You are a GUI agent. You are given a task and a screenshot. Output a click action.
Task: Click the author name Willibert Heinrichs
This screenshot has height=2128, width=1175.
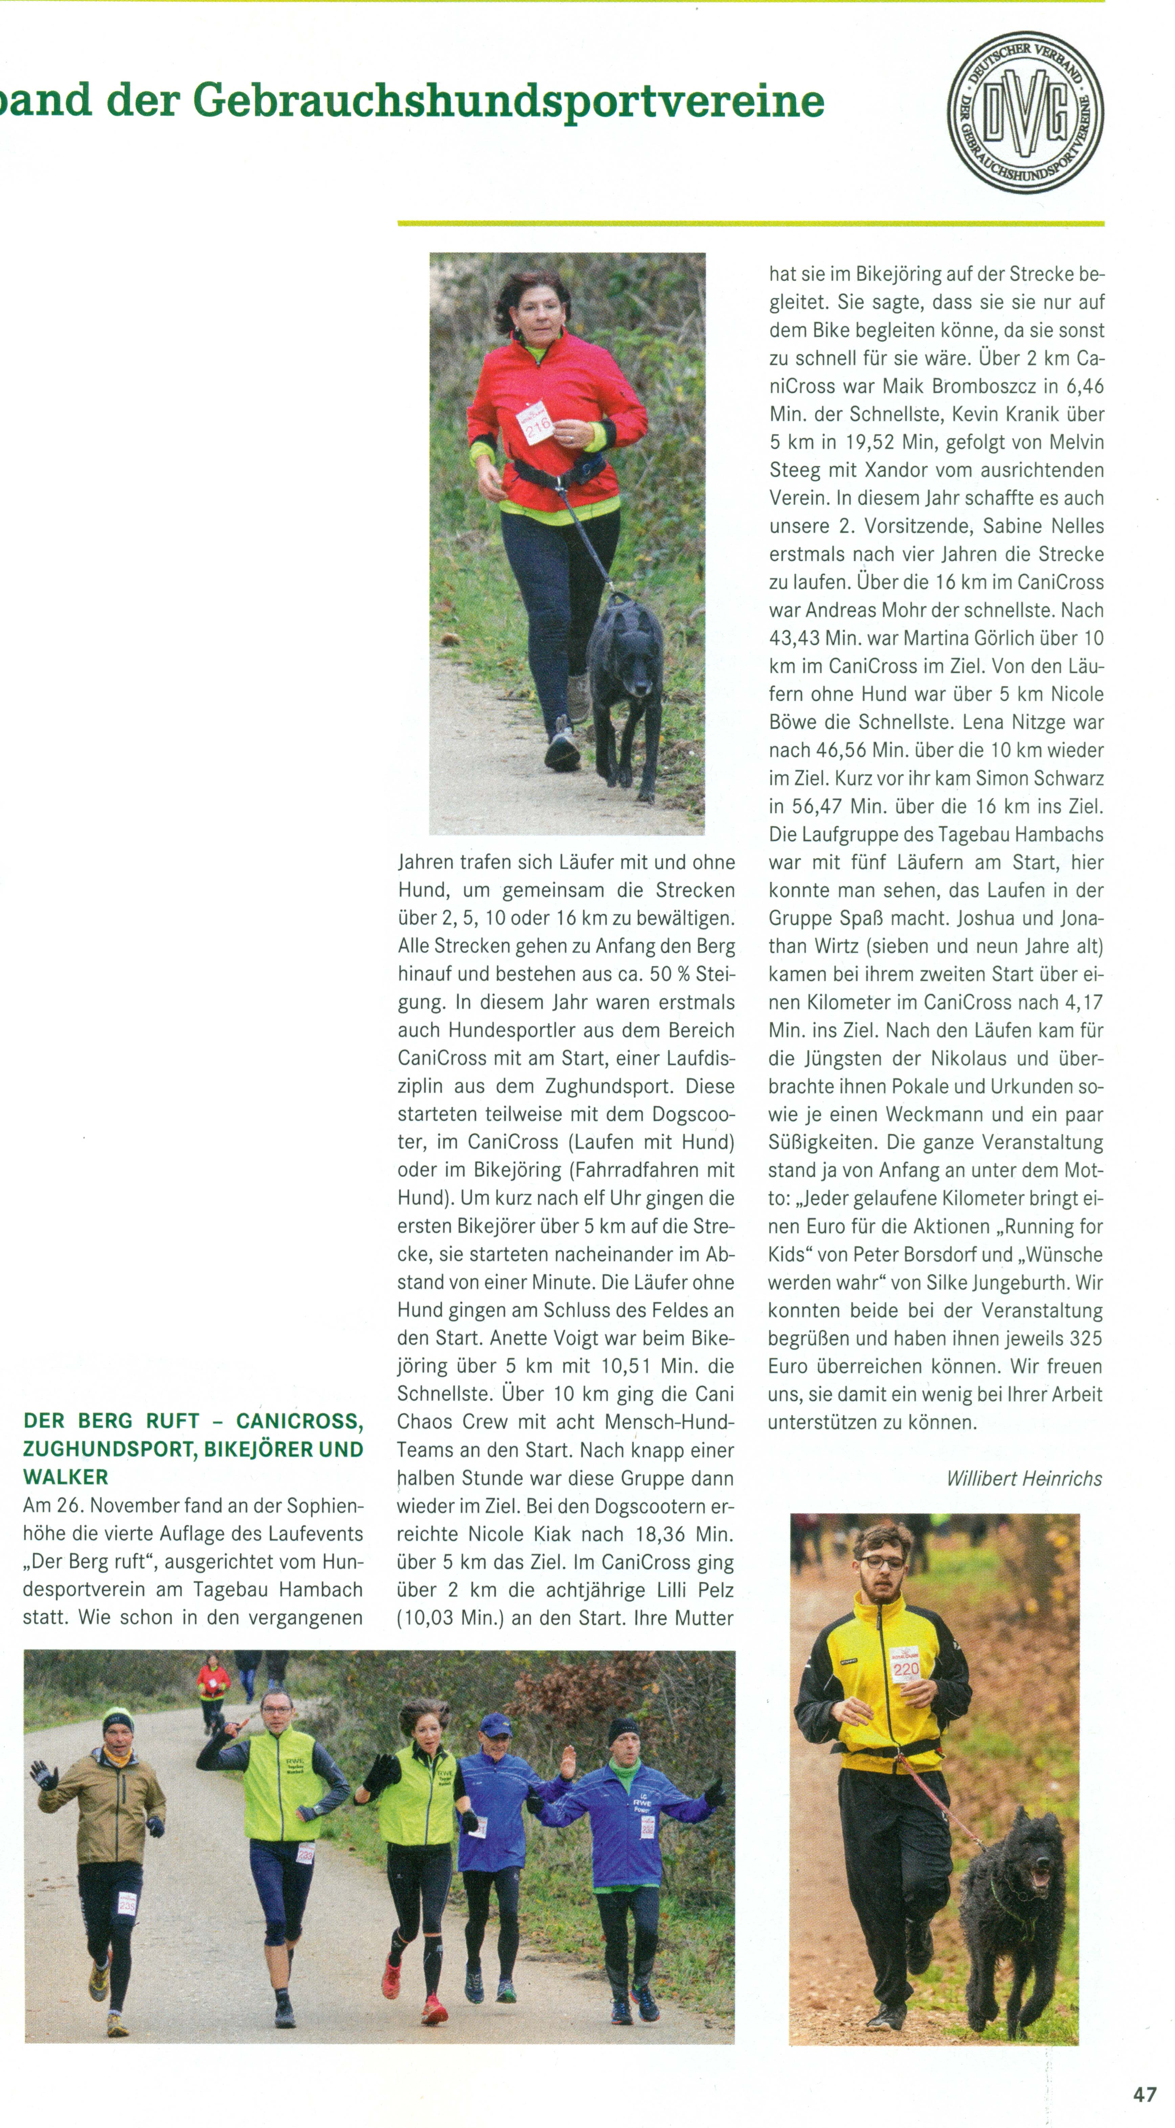1024,1478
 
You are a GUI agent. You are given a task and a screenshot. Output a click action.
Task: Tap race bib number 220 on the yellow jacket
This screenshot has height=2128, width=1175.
906,1668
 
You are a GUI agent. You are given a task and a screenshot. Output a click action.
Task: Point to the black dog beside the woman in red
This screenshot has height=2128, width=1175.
626,678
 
